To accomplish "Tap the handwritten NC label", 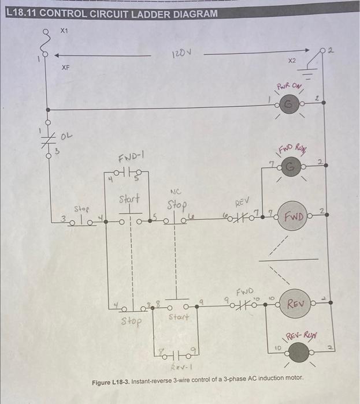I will (x=176, y=192).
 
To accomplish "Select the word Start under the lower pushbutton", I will (x=179, y=317).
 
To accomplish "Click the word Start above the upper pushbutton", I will (x=129, y=199).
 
